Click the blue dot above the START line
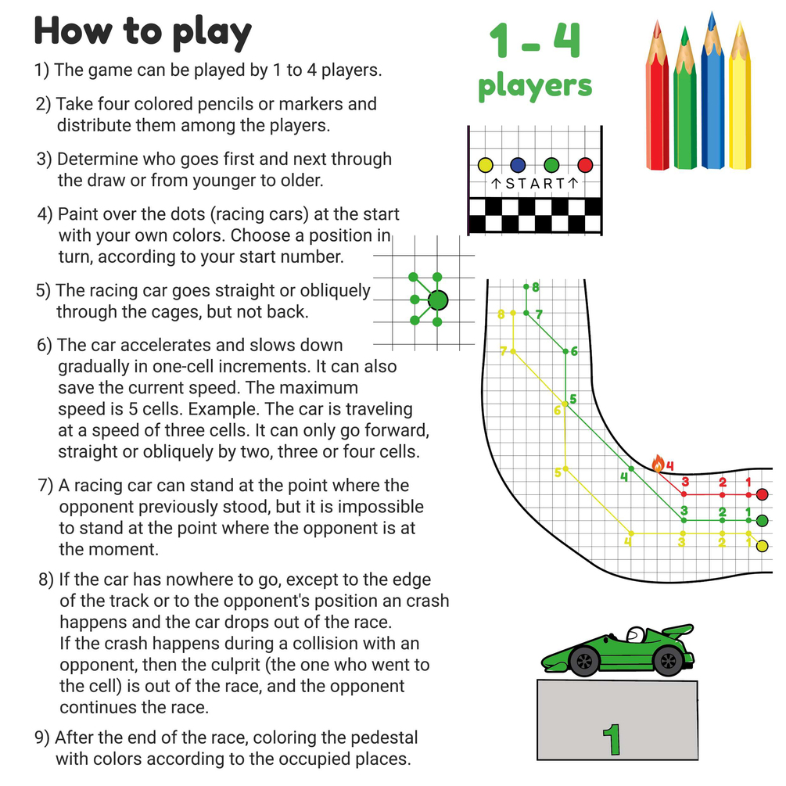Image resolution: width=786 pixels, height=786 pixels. pyautogui.click(x=518, y=165)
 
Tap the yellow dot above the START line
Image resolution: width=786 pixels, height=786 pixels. pyautogui.click(x=485, y=165)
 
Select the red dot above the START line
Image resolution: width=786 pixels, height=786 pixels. pyautogui.click(x=585, y=165)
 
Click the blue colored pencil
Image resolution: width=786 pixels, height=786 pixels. pyautogui.click(x=712, y=90)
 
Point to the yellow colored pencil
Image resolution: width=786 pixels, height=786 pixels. pyautogui.click(x=740, y=95)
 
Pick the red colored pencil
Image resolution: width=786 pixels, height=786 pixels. pyautogui.click(x=657, y=95)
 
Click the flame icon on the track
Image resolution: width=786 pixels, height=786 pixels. pyautogui.click(x=658, y=464)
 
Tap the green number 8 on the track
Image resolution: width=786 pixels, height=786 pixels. pyautogui.click(x=536, y=287)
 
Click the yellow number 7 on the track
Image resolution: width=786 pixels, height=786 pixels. pyautogui.click(x=504, y=351)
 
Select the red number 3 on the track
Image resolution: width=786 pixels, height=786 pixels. pyautogui.click(x=685, y=482)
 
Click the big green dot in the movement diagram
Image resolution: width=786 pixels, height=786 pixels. pyautogui.click(x=438, y=300)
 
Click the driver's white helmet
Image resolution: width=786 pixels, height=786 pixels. pyautogui.click(x=636, y=634)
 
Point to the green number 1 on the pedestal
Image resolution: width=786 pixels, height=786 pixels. pyautogui.click(x=612, y=739)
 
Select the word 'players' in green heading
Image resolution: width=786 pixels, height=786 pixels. pyautogui.click(x=535, y=87)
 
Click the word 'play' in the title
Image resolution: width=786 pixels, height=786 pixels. pyautogui.click(x=211, y=33)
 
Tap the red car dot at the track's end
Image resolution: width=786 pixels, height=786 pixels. pyautogui.click(x=762, y=494)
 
